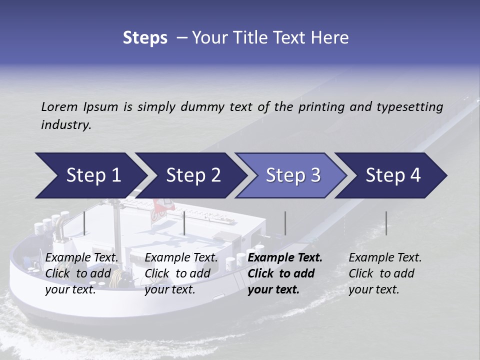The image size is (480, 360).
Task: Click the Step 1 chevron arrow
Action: tap(90, 175)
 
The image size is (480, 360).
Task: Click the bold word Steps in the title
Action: tap(145, 37)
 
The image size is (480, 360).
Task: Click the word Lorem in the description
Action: tap(59, 106)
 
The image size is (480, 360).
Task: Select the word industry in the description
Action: tap(66, 125)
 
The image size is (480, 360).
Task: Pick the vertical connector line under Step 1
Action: tap(84, 223)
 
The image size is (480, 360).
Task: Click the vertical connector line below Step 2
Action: tap(184, 223)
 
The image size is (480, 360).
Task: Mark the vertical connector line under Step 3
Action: tap(285, 223)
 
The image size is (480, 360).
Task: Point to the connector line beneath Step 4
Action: tap(386, 223)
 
